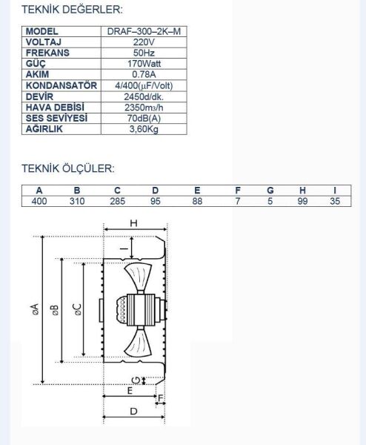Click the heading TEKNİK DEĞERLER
point(72,10)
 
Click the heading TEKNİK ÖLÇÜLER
point(67,168)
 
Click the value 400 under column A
point(40,201)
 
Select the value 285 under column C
point(117,201)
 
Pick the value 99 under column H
point(302,201)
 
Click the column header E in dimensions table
point(196,191)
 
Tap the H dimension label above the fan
point(134,222)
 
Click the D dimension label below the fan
point(133,410)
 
